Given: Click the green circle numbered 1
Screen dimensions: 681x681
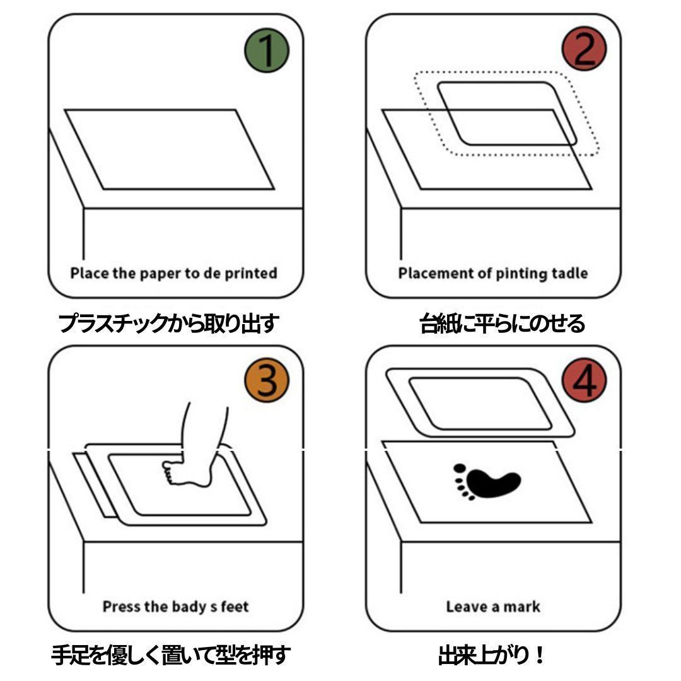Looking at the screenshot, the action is coord(267,50).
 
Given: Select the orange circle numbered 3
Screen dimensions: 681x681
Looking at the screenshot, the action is coord(267,380).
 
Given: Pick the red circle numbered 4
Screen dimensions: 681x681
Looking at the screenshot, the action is coord(584,380).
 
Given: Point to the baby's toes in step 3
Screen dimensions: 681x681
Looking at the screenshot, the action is coord(168,472).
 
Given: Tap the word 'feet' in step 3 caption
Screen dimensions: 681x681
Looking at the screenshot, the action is coord(235,607).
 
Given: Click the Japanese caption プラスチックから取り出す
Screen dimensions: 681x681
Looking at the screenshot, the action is coord(168,323).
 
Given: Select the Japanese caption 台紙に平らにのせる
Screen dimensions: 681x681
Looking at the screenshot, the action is coord(502,323).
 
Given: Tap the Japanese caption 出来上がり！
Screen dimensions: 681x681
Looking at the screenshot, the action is coord(491,655).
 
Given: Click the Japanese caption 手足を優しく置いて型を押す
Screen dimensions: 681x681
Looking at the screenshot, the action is coord(171,655).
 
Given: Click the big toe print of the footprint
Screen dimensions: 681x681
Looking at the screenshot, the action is coord(460,468).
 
